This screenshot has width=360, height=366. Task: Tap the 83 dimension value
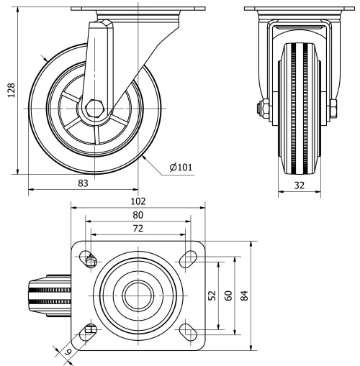[83, 183]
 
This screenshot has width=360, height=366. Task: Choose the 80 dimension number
[138, 214]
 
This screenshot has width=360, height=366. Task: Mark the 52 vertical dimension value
[212, 296]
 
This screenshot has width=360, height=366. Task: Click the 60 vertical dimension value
[227, 296]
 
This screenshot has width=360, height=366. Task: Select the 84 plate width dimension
[245, 296]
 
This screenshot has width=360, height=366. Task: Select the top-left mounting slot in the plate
[89, 260]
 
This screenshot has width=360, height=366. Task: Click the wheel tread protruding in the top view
[50, 295]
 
